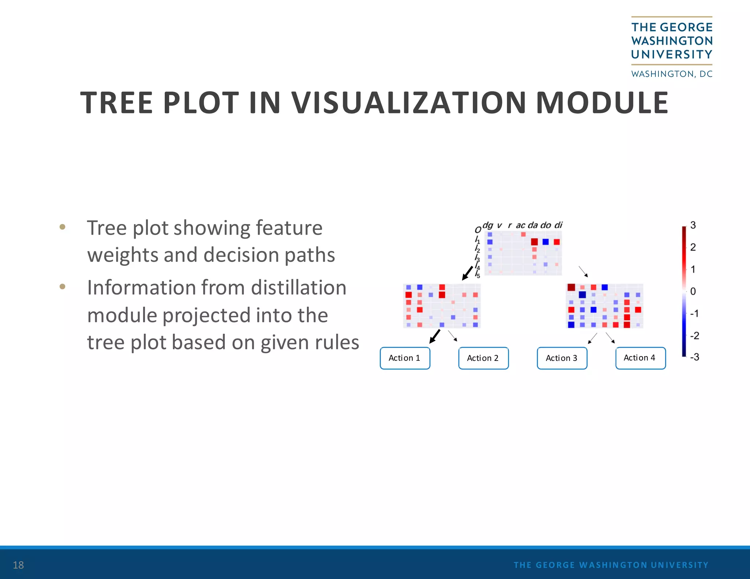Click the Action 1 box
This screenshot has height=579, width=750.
pyautogui.click(x=405, y=358)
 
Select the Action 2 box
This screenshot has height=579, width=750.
pyautogui.click(x=483, y=358)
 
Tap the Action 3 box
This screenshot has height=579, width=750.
pyautogui.click(x=562, y=358)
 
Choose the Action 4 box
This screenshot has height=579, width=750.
pyautogui.click(x=640, y=358)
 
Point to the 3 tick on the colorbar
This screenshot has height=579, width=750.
pyautogui.click(x=693, y=225)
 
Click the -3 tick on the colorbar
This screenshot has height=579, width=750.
pyautogui.click(x=694, y=357)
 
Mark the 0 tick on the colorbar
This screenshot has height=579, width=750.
pyautogui.click(x=693, y=291)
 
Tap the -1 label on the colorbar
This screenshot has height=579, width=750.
pyautogui.click(x=694, y=314)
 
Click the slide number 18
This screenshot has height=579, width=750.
pyautogui.click(x=18, y=565)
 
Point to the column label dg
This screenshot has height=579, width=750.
pyautogui.click(x=488, y=225)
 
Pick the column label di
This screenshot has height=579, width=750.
pyautogui.click(x=558, y=225)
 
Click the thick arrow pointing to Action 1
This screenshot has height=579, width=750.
pyautogui.click(x=435, y=336)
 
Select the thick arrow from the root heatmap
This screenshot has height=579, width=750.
pyautogui.click(x=468, y=273)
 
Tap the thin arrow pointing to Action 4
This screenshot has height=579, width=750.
pyautogui.click(x=610, y=338)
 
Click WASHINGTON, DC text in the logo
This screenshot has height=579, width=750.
pyautogui.click(x=672, y=74)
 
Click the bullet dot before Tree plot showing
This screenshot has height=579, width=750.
pyautogui.click(x=62, y=227)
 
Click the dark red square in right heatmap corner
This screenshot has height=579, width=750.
pyautogui.click(x=571, y=287)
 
